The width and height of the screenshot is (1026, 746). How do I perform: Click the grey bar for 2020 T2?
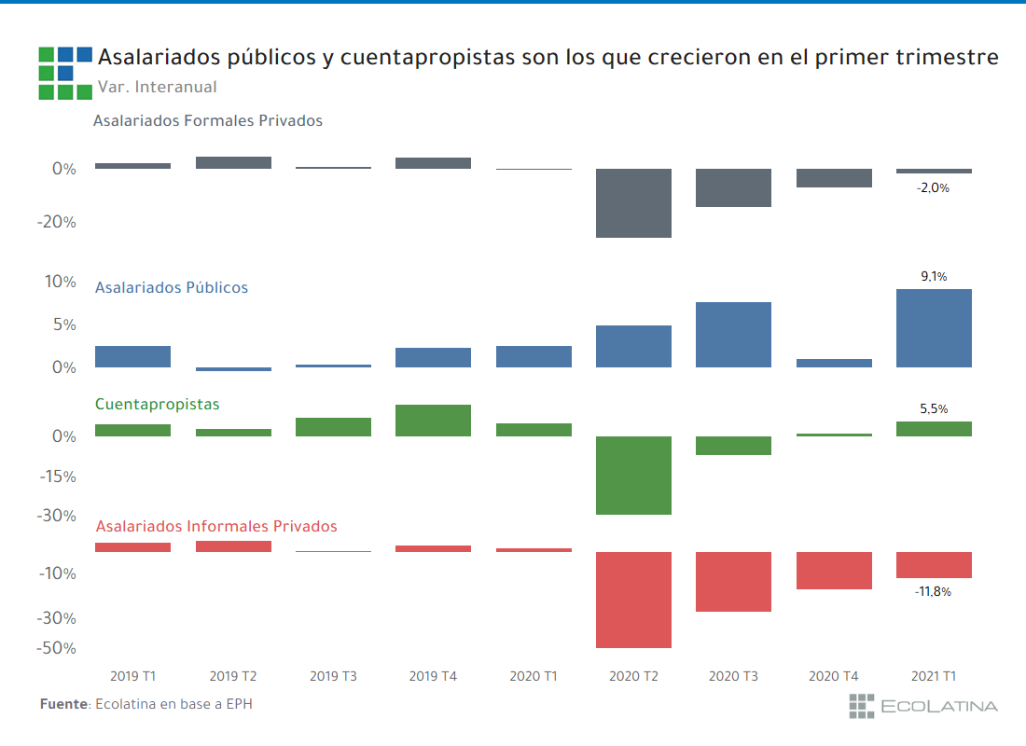(x=634, y=203)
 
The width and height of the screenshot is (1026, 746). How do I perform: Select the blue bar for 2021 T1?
(x=934, y=328)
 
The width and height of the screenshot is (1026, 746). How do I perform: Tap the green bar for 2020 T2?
(x=634, y=476)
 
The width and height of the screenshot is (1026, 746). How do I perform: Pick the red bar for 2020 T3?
(x=734, y=582)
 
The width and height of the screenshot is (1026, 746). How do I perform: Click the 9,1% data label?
(x=934, y=276)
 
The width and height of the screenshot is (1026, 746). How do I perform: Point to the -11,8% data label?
(x=933, y=591)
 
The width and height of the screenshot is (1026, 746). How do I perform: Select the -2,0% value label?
(x=933, y=187)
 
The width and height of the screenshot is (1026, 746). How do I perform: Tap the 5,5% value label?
(x=934, y=408)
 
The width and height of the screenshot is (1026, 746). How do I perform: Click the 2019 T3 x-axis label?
(x=333, y=676)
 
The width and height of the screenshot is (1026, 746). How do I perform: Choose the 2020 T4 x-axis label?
(x=834, y=676)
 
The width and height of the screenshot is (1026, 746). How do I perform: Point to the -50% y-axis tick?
(x=56, y=648)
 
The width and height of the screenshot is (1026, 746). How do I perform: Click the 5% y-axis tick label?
(x=62, y=325)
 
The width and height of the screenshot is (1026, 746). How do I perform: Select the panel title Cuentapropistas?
(x=158, y=404)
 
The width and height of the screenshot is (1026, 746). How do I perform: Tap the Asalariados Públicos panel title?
(x=172, y=287)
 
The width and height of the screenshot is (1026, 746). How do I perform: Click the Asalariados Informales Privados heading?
(x=216, y=526)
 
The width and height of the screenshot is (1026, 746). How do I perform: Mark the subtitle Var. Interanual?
(x=157, y=87)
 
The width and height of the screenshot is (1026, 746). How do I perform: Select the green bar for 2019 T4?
(x=433, y=421)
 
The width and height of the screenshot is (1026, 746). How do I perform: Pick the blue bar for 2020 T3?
(x=734, y=335)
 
